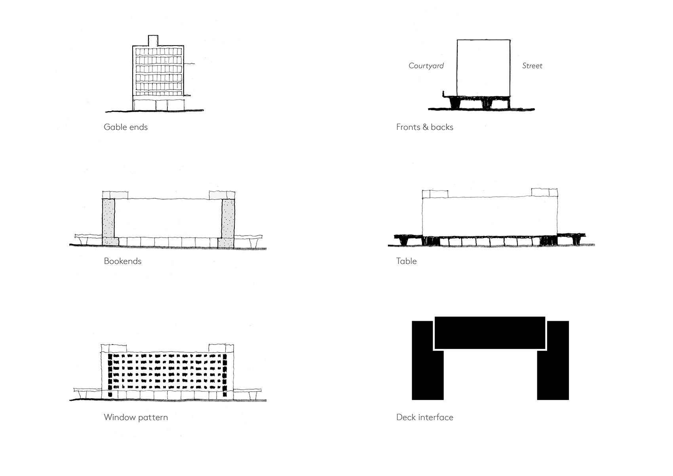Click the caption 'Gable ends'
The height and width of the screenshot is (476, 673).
pos(125,127)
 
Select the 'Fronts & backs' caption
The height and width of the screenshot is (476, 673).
pos(424,127)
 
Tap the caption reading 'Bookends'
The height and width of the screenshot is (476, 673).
pos(122,261)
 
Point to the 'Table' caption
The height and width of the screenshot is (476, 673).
pos(406,261)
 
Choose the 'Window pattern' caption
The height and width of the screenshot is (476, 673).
pos(135,417)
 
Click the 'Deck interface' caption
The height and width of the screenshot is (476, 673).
pos(424,417)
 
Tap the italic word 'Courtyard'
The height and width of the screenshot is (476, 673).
pos(426,66)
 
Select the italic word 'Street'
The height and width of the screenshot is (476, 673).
pos(532,66)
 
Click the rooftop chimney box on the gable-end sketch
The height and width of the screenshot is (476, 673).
pos(153,40)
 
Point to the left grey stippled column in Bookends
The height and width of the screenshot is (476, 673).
pos(108,220)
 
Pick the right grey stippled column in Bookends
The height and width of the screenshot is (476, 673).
pos(228,220)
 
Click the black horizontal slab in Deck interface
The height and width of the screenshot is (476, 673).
pos(490,332)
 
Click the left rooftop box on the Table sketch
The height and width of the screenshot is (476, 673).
pos(435,194)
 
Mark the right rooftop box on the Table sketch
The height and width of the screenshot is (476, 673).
pos(544,192)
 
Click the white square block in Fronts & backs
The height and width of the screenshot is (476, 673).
pos(483,67)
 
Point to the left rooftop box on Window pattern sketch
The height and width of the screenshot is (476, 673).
pos(114,348)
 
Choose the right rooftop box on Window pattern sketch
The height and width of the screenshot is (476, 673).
pos(221,348)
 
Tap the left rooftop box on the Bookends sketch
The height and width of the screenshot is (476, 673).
pos(115,195)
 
